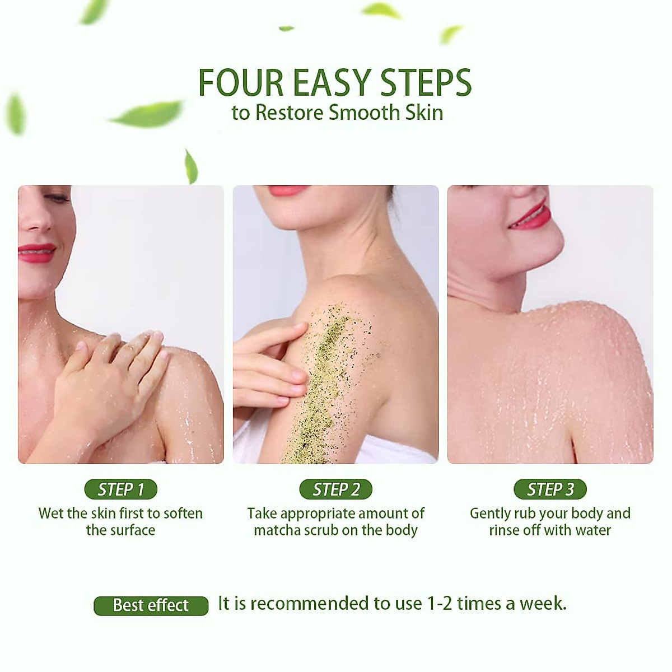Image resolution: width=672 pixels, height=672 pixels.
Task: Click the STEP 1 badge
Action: point(120,489)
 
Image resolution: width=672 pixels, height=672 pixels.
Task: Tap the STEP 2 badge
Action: point(336,489)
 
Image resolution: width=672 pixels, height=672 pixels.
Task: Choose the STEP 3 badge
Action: point(550,489)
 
